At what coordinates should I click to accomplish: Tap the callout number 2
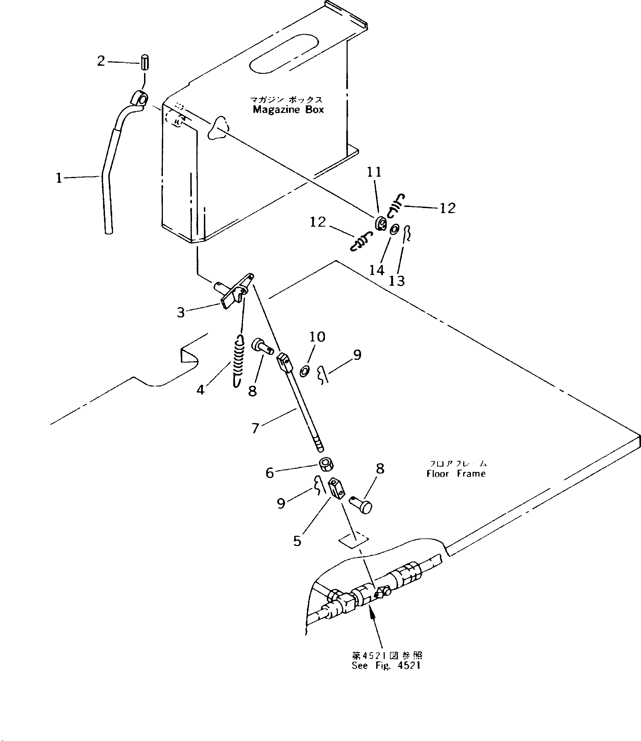(x=101, y=61)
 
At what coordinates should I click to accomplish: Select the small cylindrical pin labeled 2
(x=145, y=62)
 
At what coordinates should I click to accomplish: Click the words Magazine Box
(x=288, y=110)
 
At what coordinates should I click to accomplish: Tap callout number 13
(x=396, y=281)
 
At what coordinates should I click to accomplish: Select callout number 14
(x=376, y=270)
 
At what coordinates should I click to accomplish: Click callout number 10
(x=317, y=337)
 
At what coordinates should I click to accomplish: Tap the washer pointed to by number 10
(x=304, y=371)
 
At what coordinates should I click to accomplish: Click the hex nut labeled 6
(x=326, y=466)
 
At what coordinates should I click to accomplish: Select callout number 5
(x=297, y=541)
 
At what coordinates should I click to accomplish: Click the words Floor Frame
(x=456, y=474)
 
